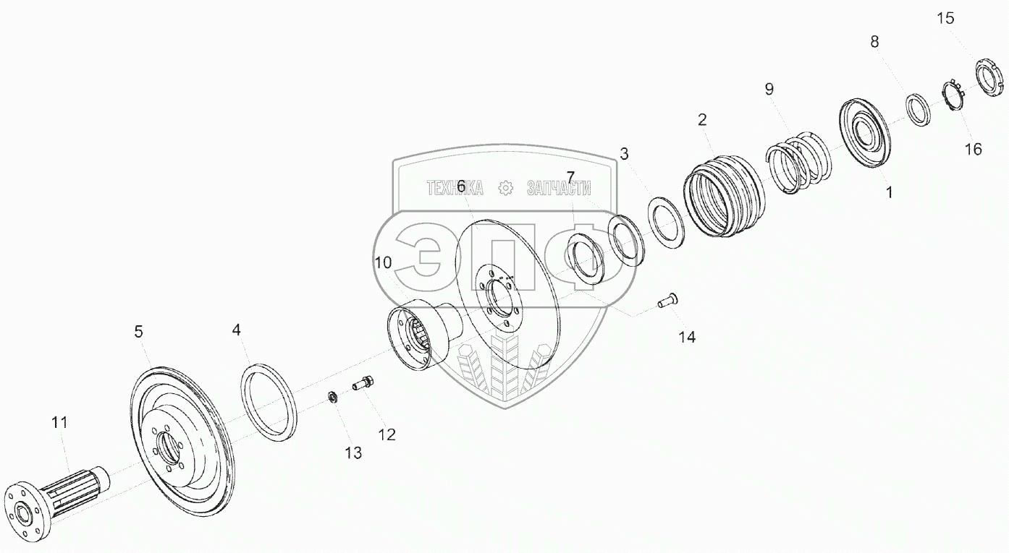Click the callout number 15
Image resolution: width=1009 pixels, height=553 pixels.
[x=946, y=19]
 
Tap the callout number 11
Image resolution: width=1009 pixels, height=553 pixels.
[x=59, y=423]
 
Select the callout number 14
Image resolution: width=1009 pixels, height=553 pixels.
[x=686, y=337]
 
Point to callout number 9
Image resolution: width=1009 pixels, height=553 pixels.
[x=769, y=89]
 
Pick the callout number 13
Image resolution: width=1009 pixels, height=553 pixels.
[x=352, y=453]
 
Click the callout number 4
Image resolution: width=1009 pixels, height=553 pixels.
[x=236, y=330]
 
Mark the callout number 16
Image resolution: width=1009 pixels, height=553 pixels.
[x=974, y=149]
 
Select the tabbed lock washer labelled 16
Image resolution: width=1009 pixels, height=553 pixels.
[x=953, y=95]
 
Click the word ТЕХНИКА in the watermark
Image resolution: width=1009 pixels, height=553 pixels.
[x=455, y=188]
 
